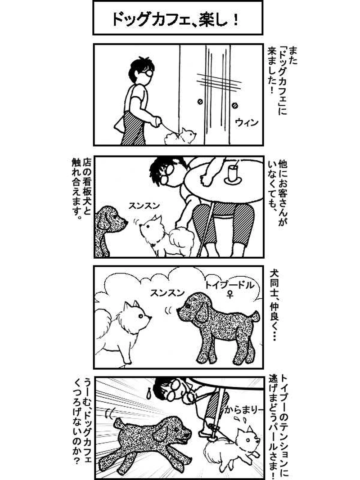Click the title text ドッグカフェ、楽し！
(x=177, y=18)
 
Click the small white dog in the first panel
(x=180, y=136)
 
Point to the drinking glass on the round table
(x=233, y=173)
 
